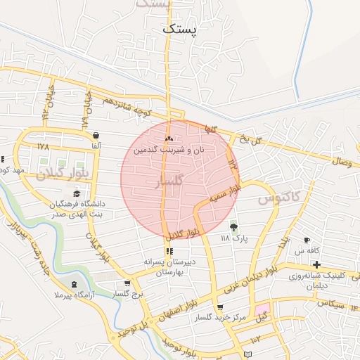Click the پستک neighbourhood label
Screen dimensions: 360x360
point(180,29)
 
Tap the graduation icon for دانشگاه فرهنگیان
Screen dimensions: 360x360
point(76,194)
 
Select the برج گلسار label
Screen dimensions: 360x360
point(129,295)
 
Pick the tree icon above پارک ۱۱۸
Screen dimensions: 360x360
point(233,227)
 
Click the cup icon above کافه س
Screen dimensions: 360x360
point(307,240)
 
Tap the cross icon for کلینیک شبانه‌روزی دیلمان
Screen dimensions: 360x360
point(317,265)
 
